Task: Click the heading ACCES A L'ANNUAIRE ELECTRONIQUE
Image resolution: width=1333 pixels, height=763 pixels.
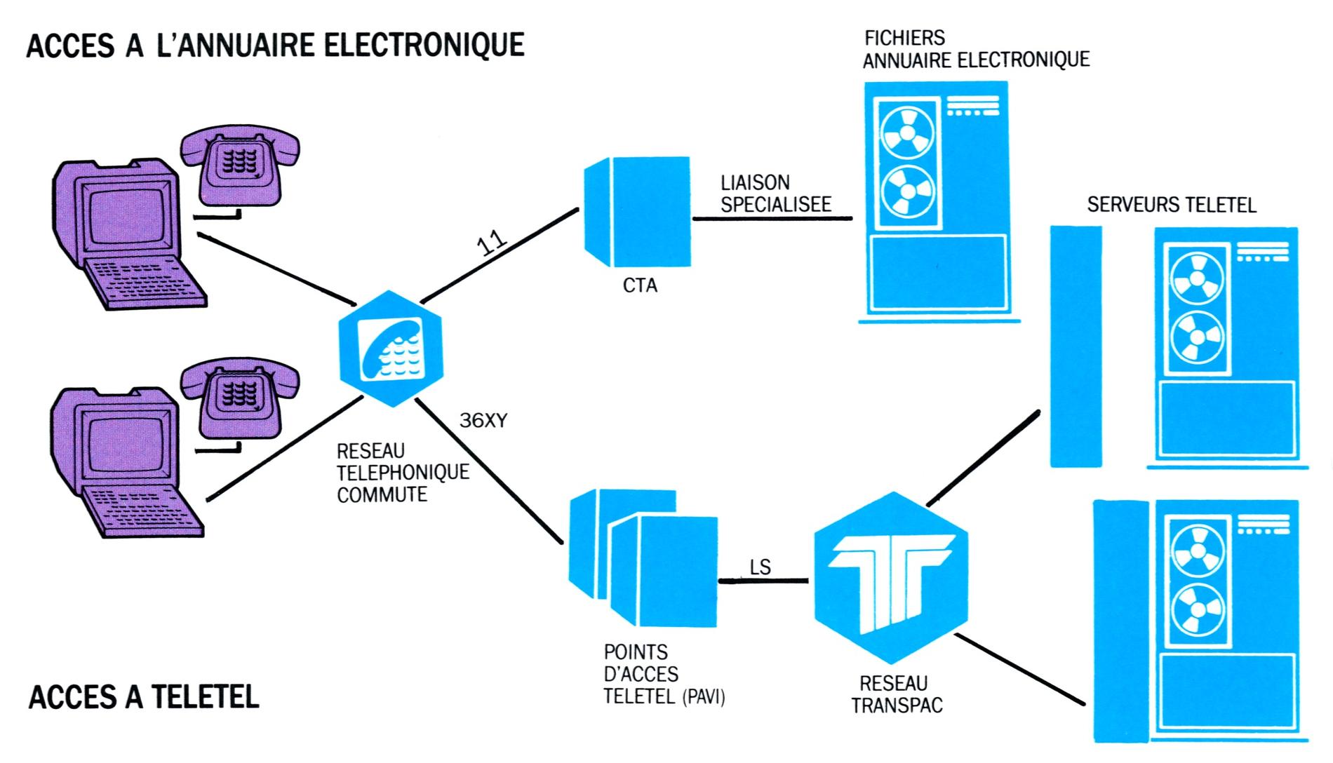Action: click(275, 45)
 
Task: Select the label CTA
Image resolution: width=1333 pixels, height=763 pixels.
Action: click(640, 285)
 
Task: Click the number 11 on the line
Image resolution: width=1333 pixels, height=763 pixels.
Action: click(492, 243)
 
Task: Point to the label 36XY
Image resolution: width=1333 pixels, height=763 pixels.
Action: click(483, 421)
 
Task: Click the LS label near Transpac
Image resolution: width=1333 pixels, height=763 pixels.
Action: click(761, 567)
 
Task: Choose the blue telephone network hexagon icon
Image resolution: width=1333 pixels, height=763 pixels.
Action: click(391, 349)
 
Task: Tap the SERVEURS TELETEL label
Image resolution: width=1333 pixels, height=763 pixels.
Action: click(1171, 205)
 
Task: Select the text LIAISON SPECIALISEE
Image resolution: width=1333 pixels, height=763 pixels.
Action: click(775, 194)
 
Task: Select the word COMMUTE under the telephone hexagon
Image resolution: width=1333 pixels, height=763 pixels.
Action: click(382, 495)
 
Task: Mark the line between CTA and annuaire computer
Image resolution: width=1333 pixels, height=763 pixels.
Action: click(772, 219)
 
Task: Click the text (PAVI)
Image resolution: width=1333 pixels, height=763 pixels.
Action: click(704, 698)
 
